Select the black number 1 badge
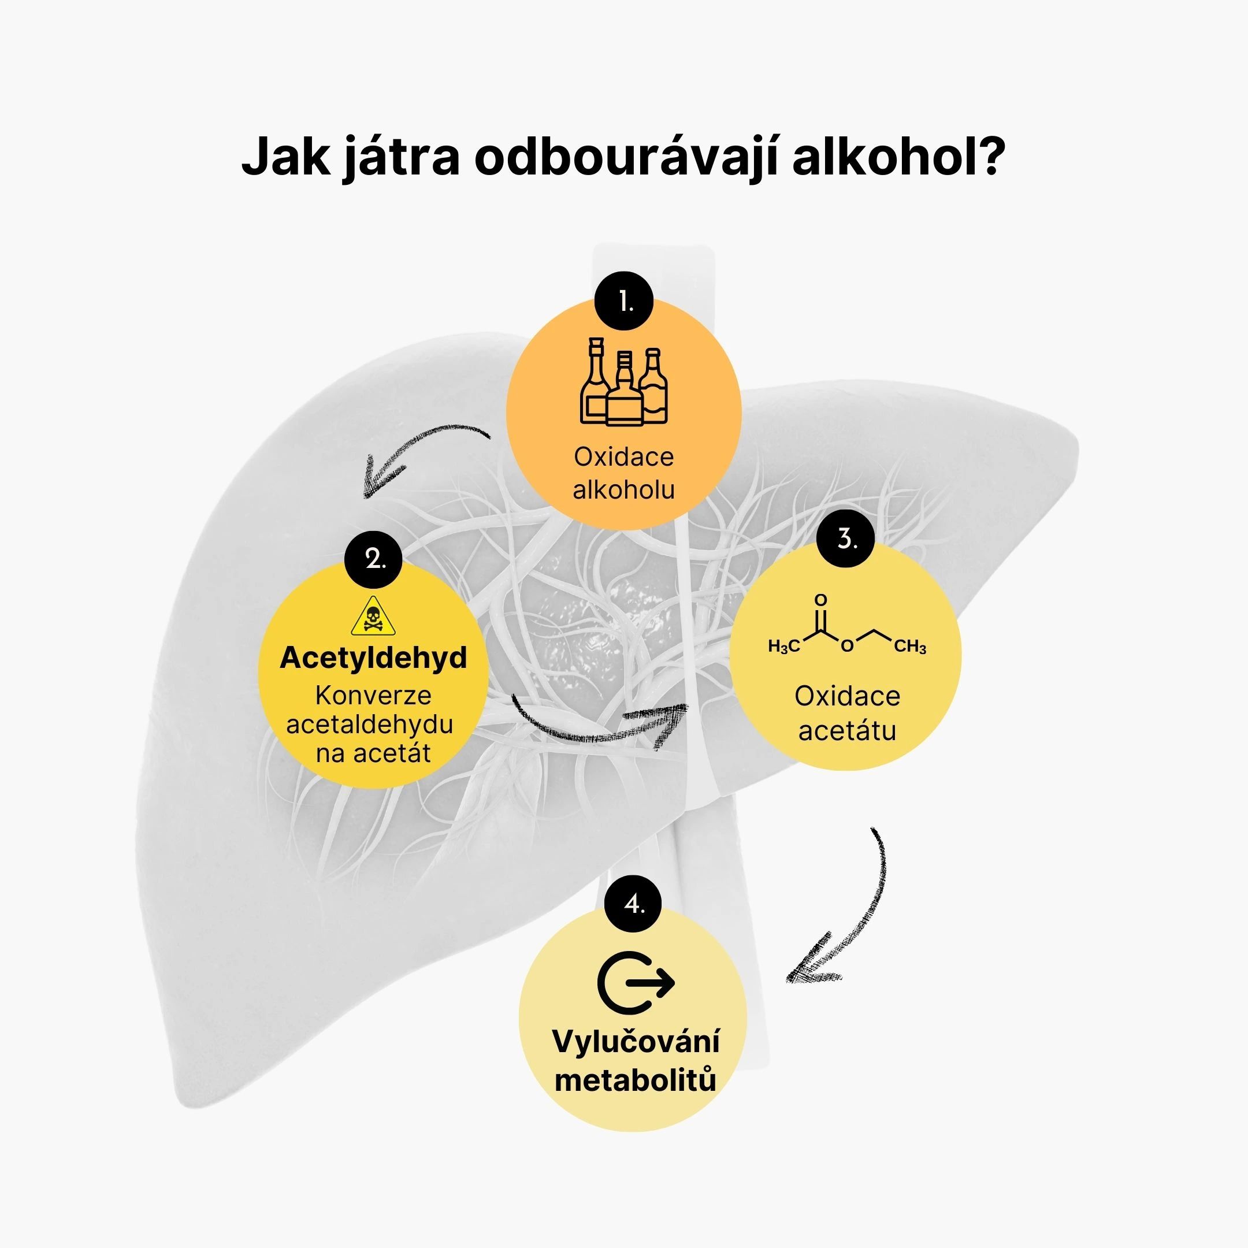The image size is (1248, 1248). [625, 302]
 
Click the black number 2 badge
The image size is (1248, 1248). [373, 559]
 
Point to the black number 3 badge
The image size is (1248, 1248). [845, 538]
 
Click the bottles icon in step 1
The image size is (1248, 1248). [624, 382]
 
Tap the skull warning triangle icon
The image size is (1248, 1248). [373, 616]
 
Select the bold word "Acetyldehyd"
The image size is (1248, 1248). [373, 658]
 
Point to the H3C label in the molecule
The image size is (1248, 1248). [783, 646]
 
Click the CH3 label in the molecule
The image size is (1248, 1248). [910, 646]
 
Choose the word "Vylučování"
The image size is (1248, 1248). [636, 1041]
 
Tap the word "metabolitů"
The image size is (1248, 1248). [636, 1080]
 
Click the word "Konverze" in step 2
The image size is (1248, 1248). [373, 696]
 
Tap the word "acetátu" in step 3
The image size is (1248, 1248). [847, 730]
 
